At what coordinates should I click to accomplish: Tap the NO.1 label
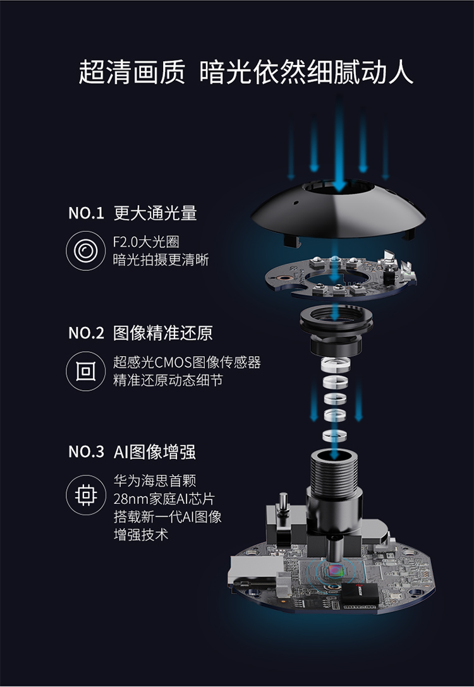click(x=86, y=213)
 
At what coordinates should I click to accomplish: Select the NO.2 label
click(x=86, y=333)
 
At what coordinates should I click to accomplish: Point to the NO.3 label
click(x=86, y=451)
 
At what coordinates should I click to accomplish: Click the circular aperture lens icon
click(x=86, y=251)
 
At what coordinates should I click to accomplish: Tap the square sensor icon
click(x=86, y=371)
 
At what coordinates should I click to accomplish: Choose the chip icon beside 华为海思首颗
click(x=86, y=495)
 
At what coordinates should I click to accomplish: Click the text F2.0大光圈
click(x=146, y=241)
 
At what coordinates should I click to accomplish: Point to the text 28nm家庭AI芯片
click(x=164, y=499)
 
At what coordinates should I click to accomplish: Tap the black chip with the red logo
click(x=360, y=595)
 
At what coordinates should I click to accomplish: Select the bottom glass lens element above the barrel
click(x=334, y=436)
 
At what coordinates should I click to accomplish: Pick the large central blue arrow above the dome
click(x=339, y=145)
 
